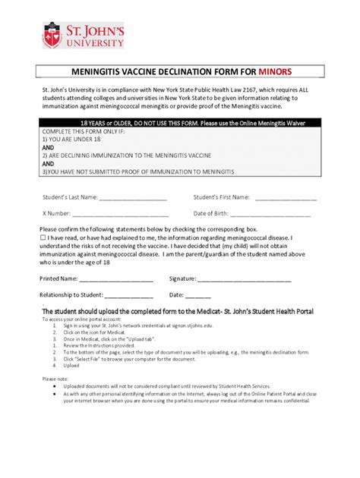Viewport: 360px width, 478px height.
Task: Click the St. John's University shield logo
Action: (x=51, y=34)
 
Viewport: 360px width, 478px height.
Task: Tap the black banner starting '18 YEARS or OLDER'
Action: (x=179, y=122)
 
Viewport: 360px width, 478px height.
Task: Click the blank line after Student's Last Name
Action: (x=133, y=198)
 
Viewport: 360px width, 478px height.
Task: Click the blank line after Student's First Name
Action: (x=286, y=198)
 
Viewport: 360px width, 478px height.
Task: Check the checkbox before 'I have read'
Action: (x=43, y=237)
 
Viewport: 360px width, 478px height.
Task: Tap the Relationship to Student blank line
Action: (x=128, y=295)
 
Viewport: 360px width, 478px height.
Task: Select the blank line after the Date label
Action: (x=198, y=295)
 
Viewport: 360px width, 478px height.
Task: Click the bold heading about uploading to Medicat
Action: (x=177, y=312)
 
